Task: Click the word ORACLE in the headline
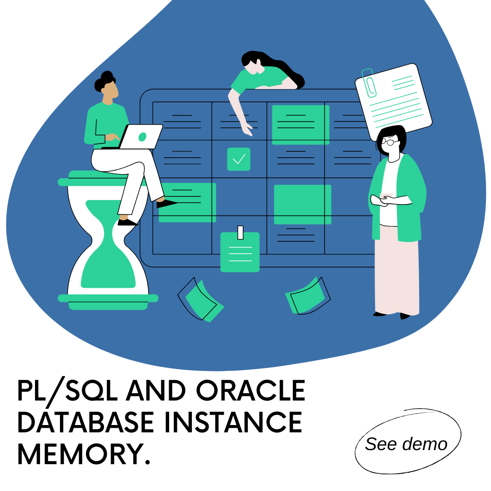click(x=251, y=391)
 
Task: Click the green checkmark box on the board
click(x=239, y=159)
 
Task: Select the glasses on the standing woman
click(x=390, y=142)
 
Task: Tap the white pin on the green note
click(x=240, y=232)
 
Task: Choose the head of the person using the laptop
click(x=108, y=86)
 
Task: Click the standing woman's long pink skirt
click(x=396, y=273)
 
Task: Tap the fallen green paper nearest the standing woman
click(x=307, y=296)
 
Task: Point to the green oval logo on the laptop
click(x=142, y=136)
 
